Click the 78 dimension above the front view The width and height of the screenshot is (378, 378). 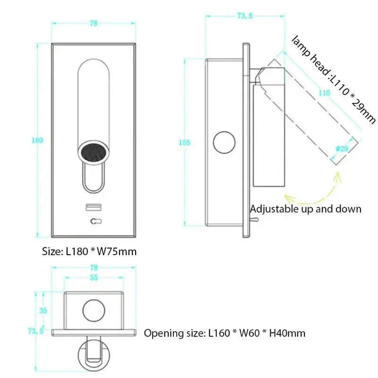(93, 24)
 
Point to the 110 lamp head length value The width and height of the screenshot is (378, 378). (324, 93)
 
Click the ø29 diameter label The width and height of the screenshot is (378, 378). (342, 148)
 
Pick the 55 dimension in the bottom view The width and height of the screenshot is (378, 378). (94, 278)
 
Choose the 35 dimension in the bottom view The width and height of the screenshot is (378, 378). (43, 311)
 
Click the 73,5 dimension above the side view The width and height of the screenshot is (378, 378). (244, 16)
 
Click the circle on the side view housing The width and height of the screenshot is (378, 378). (224, 143)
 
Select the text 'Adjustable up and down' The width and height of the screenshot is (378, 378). (305, 209)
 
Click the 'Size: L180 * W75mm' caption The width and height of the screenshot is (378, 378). (89, 251)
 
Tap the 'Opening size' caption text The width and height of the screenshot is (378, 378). (224, 333)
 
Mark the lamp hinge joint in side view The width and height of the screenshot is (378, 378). (259, 76)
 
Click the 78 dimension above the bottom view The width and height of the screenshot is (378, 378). (94, 267)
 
